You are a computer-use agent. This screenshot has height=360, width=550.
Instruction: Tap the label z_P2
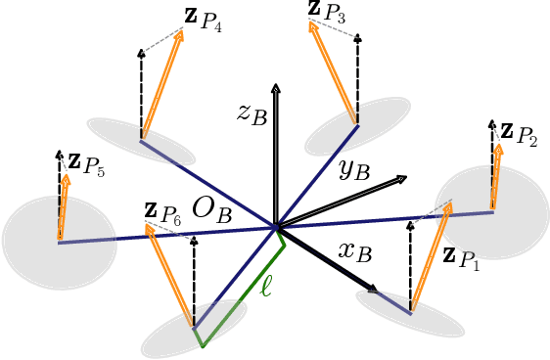tap(519, 133)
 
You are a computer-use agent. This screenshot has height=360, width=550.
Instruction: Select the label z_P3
tap(326, 12)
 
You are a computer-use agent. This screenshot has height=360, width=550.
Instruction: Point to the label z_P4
tap(203, 22)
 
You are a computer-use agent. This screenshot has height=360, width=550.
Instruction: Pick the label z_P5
tap(86, 163)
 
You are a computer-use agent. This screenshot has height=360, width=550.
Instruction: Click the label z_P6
tap(162, 212)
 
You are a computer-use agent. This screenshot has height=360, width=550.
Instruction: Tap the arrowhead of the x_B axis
tap(373, 289)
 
